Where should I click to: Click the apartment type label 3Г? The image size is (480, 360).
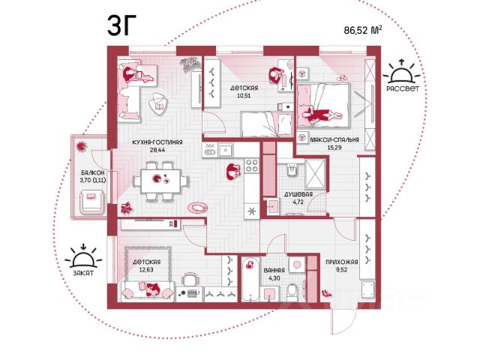coord(121,25)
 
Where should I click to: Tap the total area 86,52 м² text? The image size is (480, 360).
coord(363,30)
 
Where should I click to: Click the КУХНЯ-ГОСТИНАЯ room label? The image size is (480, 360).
coord(157,142)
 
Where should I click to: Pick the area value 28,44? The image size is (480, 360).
coord(157,150)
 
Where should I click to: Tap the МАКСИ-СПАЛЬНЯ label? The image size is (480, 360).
coord(334,140)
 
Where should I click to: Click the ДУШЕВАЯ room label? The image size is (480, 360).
coord(298,194)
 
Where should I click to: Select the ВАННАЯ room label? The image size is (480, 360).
coord(274,271)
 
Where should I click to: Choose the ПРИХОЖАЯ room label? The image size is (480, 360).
coord(342,262)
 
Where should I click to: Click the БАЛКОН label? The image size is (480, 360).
coord(93,173)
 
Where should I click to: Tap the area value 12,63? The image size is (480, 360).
coord(146,270)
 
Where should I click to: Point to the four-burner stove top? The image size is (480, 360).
coord(252,165)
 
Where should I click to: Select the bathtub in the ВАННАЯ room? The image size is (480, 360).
coord(250,280)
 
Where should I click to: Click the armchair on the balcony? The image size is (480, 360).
coord(91,202)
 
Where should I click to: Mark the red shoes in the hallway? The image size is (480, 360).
coord(327,293)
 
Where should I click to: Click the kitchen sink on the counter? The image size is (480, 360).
coord(226,150)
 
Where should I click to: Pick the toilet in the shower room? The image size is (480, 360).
coord(292,170)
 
